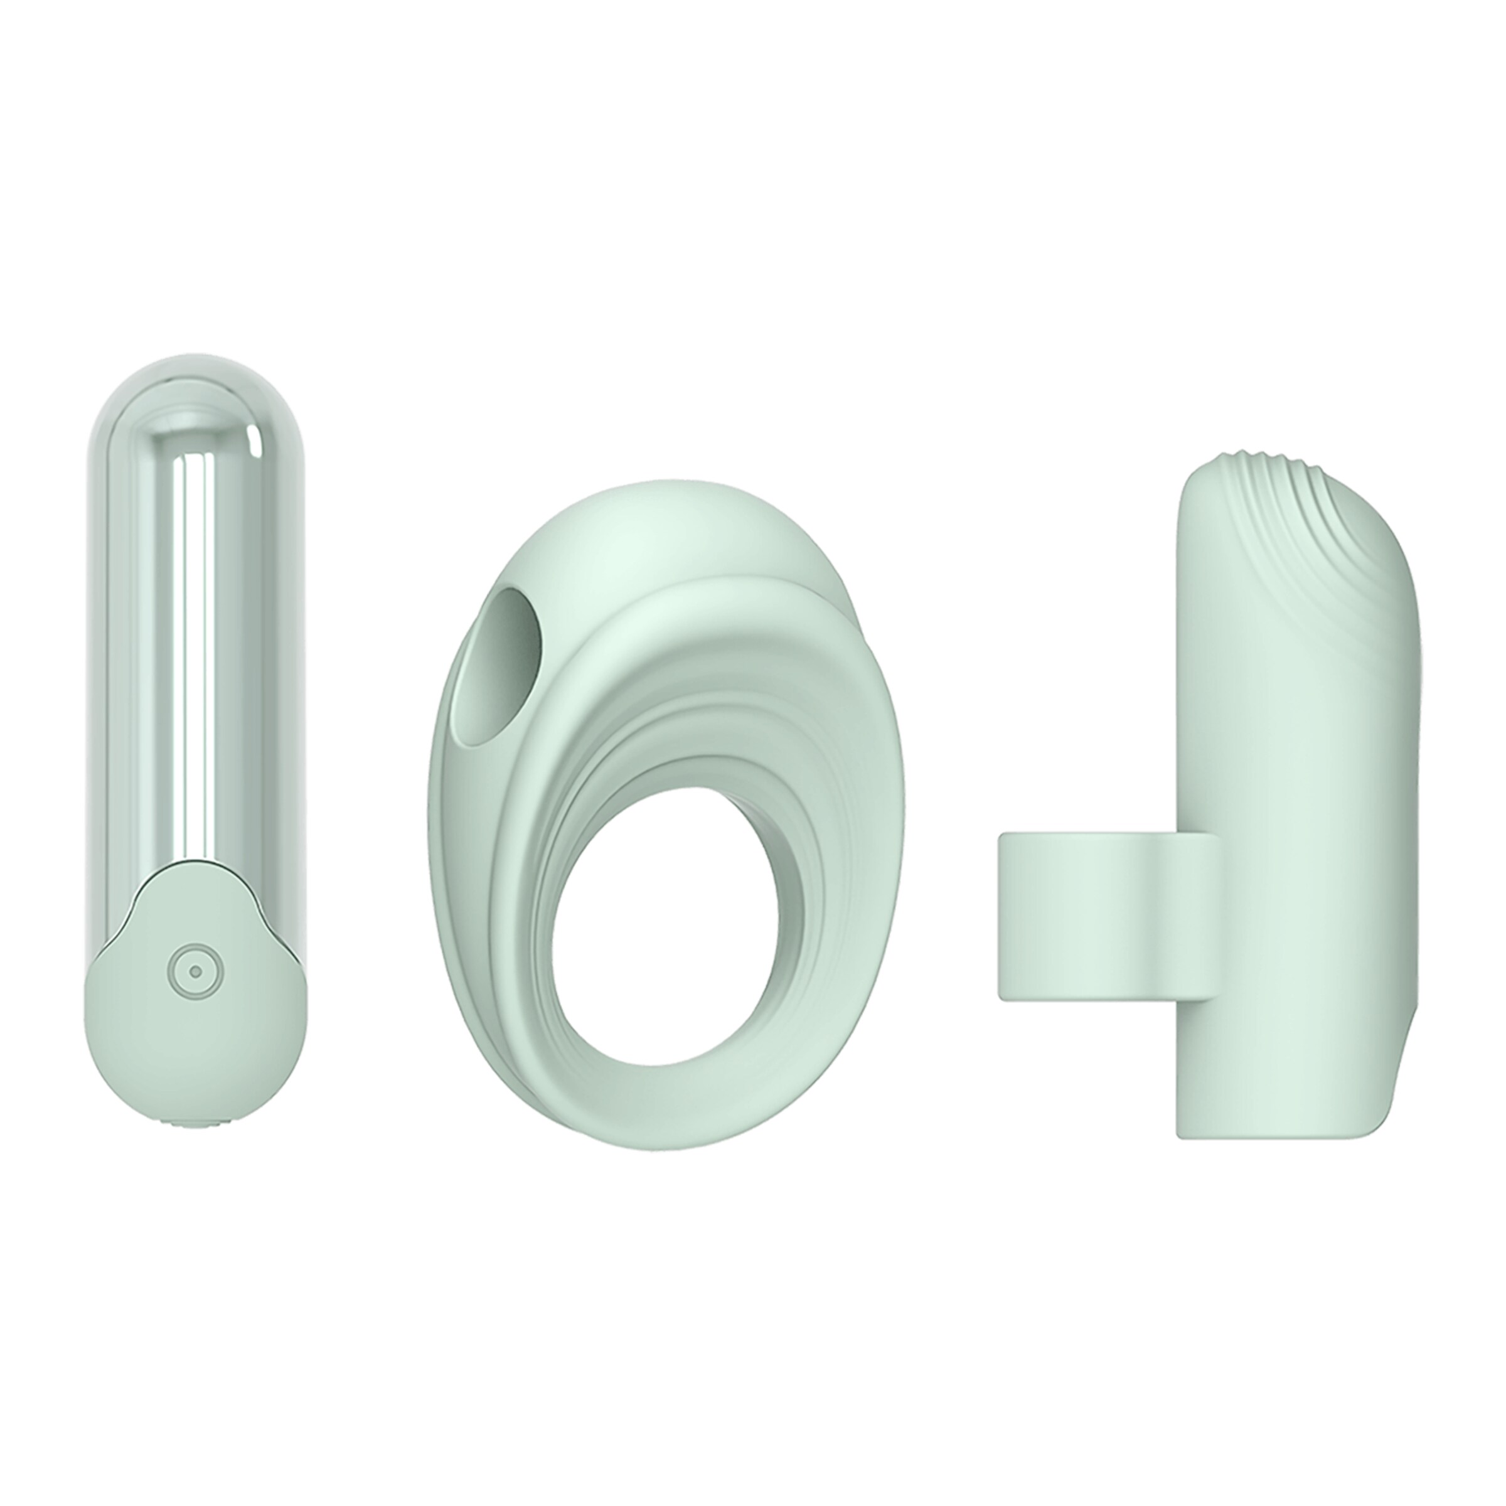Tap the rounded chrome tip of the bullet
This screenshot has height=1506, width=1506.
195,390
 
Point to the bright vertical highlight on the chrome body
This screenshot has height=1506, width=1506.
189,663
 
